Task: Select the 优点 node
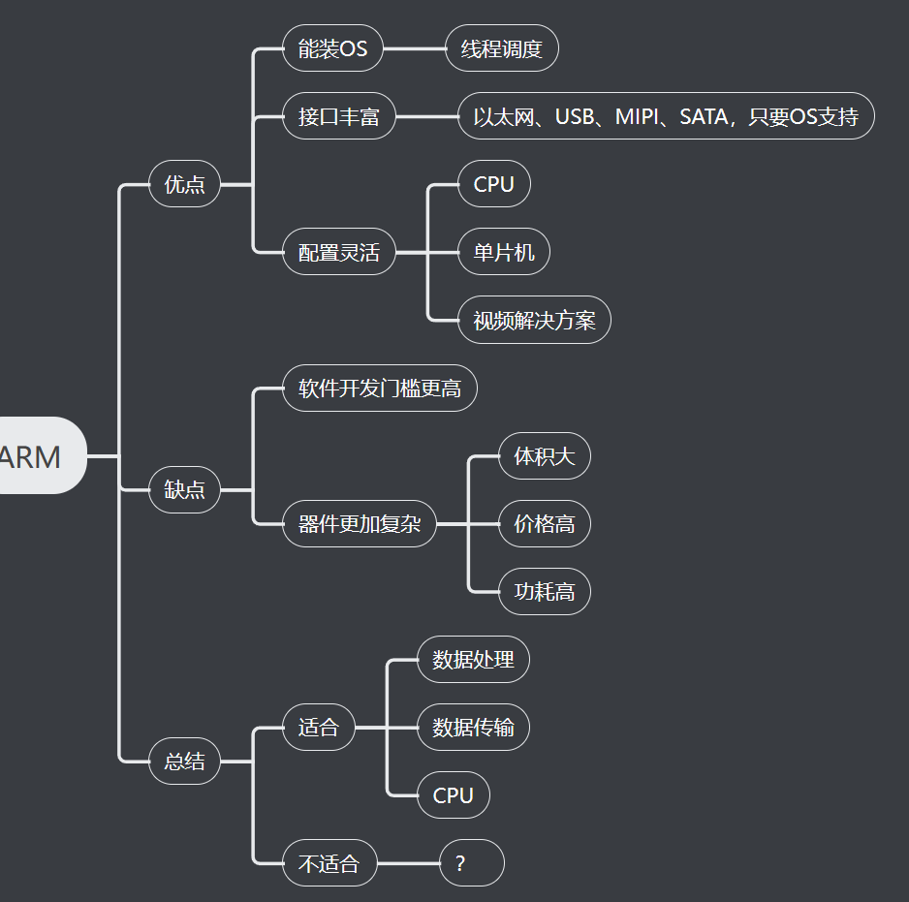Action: (x=184, y=184)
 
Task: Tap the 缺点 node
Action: (x=184, y=490)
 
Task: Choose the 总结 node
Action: (x=184, y=762)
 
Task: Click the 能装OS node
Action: (x=332, y=48)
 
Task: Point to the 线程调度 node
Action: (x=501, y=48)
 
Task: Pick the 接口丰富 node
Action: (x=338, y=117)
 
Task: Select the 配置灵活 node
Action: (x=338, y=253)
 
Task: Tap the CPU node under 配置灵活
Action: (x=493, y=184)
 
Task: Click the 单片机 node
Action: (x=503, y=253)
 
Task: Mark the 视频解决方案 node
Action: (x=534, y=321)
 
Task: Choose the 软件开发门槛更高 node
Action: (x=379, y=389)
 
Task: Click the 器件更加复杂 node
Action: (x=359, y=524)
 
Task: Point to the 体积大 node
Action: (x=544, y=455)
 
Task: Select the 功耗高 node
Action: (x=544, y=591)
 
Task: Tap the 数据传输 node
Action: (x=473, y=727)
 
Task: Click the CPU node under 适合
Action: (x=453, y=795)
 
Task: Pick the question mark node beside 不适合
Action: (x=471, y=863)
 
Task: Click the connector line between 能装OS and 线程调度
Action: (x=414, y=48)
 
